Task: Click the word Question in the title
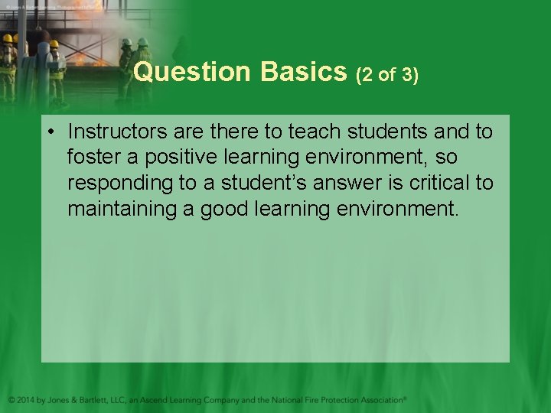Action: [x=191, y=72]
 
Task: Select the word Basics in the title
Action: [x=304, y=72]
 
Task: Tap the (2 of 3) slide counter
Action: [x=388, y=75]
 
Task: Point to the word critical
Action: [x=444, y=184]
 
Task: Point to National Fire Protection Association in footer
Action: [x=338, y=400]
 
